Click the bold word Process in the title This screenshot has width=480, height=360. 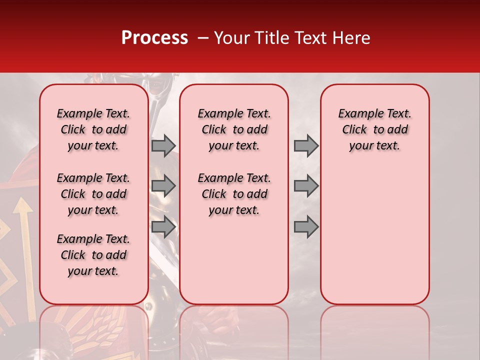click(154, 38)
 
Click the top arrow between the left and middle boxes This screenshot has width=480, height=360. click(163, 145)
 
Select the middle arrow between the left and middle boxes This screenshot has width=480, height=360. click(163, 186)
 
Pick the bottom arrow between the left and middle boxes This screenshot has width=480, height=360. click(163, 226)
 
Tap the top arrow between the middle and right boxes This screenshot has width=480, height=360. click(306, 145)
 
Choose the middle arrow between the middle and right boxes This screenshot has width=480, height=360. click(306, 186)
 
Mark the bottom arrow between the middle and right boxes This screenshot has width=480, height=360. click(306, 226)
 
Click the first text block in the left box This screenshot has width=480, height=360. click(93, 129)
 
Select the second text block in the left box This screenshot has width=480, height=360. click(93, 194)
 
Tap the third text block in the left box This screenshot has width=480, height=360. click(93, 255)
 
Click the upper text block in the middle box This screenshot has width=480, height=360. click(234, 129)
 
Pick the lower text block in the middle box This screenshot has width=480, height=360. click(234, 194)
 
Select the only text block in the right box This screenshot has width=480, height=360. click(374, 129)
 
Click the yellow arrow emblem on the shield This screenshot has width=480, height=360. click(21, 215)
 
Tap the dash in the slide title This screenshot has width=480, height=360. click(202, 38)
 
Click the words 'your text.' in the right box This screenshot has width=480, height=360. click(374, 145)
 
